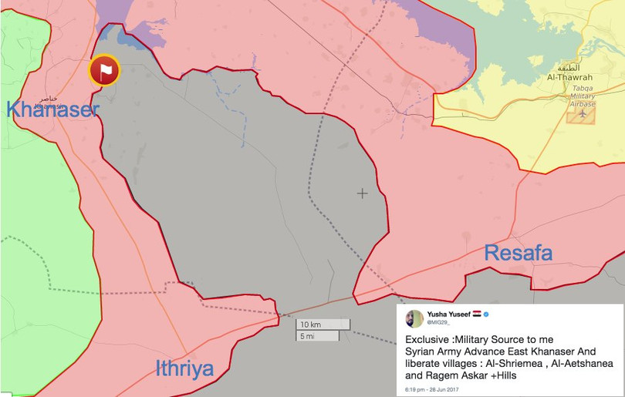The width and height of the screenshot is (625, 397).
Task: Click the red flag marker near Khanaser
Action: [x=104, y=70]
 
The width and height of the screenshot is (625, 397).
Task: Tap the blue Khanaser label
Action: [x=52, y=109]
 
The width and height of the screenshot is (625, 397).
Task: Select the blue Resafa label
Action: [x=518, y=252]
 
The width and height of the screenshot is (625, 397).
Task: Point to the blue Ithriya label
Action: [x=184, y=368]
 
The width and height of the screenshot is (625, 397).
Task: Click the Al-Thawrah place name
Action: [x=569, y=77]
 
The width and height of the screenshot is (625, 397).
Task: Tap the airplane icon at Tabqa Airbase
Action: [x=582, y=114]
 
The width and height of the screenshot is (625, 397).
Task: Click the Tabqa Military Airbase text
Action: [x=583, y=96]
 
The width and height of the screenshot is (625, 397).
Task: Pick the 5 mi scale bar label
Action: [x=307, y=336]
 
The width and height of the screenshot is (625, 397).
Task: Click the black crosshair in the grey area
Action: [x=362, y=193]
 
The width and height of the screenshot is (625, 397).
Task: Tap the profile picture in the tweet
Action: [x=414, y=318]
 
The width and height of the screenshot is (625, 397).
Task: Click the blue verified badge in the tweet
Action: [x=487, y=315]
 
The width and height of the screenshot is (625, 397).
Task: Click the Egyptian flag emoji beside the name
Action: [x=476, y=315]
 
